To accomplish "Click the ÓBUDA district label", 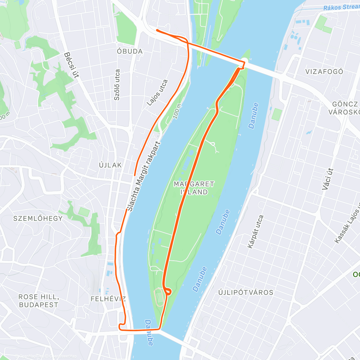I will (x=130, y=51).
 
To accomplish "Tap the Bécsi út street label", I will (x=71, y=65).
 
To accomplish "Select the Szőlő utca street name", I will (x=117, y=85).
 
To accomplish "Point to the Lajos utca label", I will (x=157, y=93).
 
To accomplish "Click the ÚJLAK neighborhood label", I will (x=110, y=165).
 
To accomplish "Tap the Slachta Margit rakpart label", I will (x=144, y=176).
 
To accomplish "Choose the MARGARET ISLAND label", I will (x=194, y=188).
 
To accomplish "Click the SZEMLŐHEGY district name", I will (x=38, y=218).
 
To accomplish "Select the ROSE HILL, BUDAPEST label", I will (x=39, y=301).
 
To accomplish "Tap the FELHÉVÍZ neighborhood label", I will (x=108, y=299).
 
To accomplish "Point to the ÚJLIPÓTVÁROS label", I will (x=246, y=292).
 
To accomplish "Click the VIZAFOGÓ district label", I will (x=324, y=71).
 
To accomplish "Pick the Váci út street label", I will (x=328, y=179).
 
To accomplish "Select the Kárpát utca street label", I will (x=255, y=232).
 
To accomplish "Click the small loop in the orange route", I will (x=168, y=291).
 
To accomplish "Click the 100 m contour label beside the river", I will (x=177, y=111).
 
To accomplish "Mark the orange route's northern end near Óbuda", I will (x=157, y=30).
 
